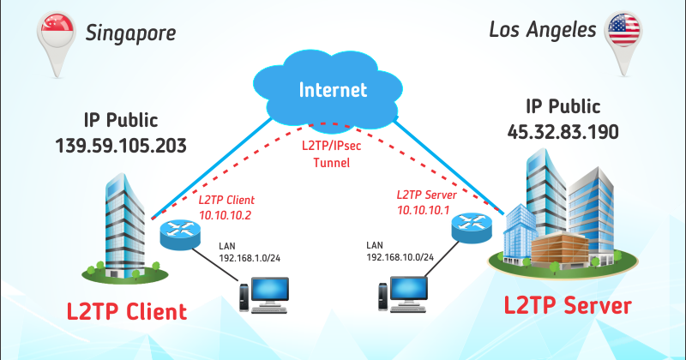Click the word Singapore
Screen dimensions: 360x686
(x=130, y=33)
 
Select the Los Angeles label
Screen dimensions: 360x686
(x=542, y=30)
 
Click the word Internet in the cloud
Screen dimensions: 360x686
(x=333, y=89)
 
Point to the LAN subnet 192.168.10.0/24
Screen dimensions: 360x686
(x=400, y=256)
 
